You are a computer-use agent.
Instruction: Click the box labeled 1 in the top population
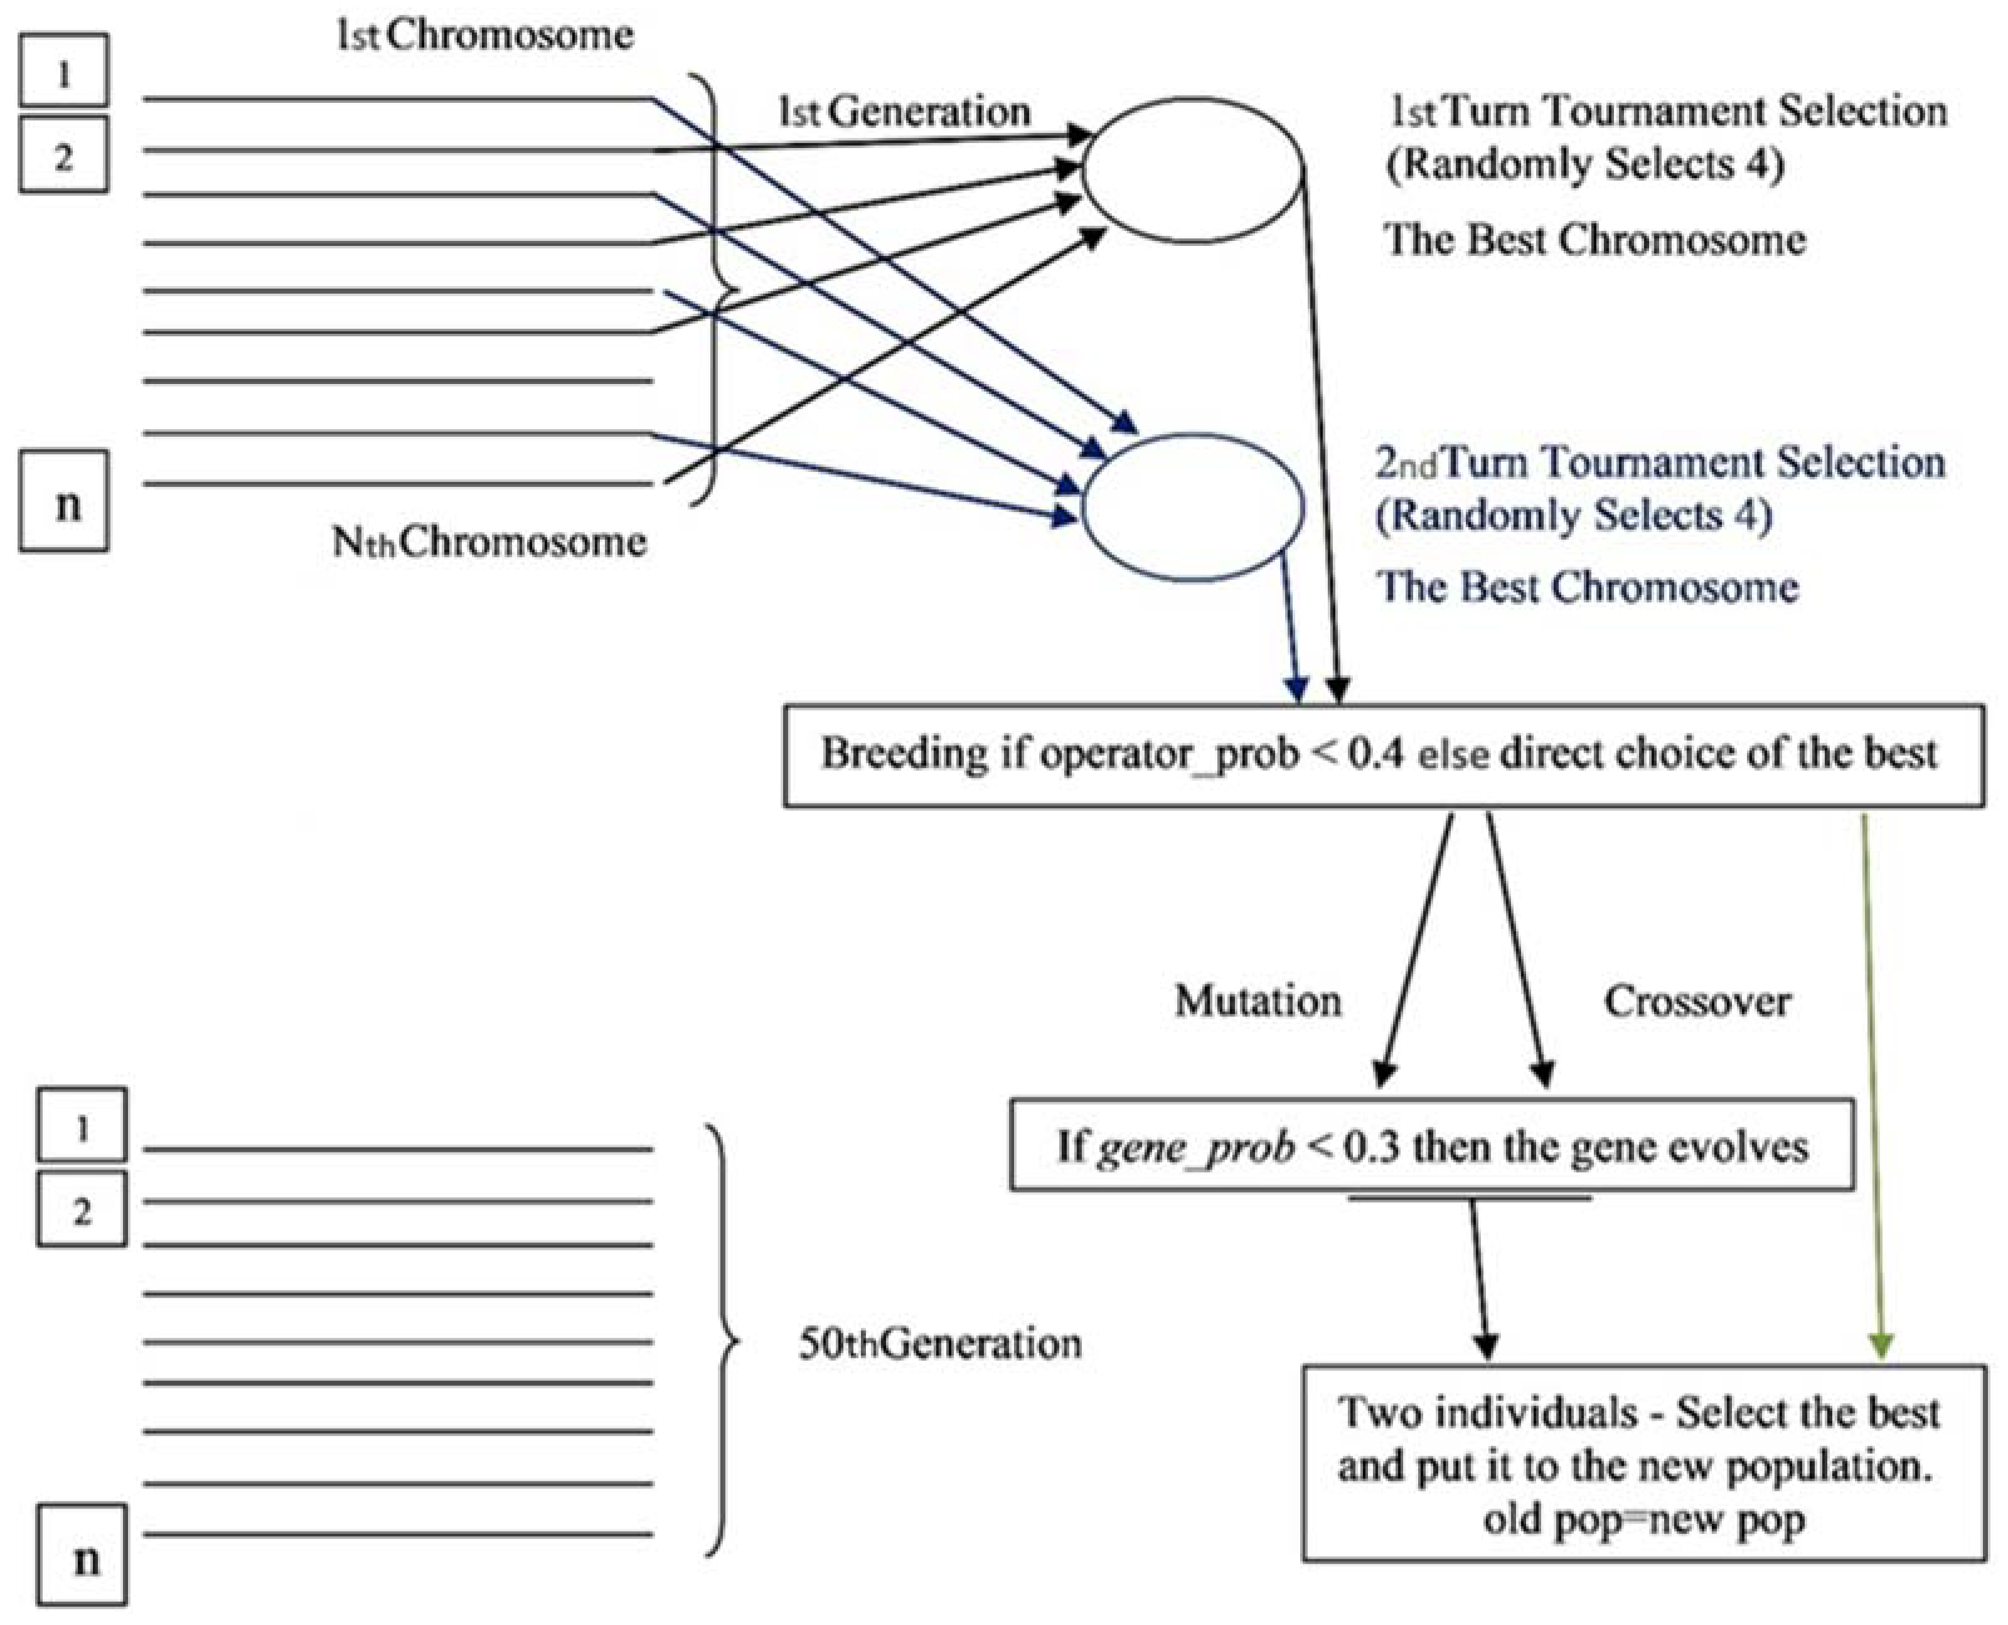63,71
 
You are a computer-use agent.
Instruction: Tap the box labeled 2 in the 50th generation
82,1210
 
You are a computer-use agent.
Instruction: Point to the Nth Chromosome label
489,541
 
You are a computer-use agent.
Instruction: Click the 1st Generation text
904,112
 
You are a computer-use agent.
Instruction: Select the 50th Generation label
939,1343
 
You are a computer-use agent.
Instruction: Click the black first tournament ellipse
1192,171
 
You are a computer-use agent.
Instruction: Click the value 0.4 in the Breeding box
1376,754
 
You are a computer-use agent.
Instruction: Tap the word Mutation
1258,1001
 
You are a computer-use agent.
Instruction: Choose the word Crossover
1696,1001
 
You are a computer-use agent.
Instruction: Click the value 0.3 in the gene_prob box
1372,1147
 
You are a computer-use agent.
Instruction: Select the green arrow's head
1882,1346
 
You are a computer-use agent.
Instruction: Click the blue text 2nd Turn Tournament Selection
1660,462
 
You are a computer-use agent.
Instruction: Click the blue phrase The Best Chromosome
1588,587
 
